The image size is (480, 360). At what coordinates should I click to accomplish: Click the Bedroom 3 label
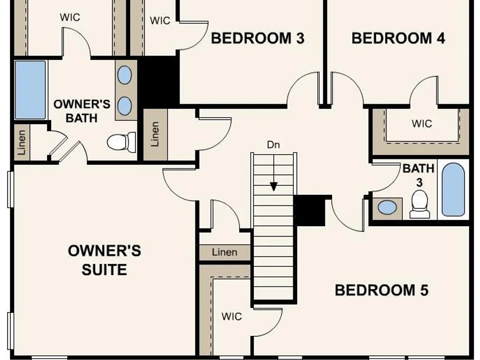pyautogui.click(x=258, y=38)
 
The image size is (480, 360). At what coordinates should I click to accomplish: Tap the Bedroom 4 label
pyautogui.click(x=398, y=38)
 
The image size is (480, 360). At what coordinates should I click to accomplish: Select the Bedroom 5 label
pyautogui.click(x=382, y=290)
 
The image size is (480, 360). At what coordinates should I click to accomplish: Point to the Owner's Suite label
pyautogui.click(x=104, y=260)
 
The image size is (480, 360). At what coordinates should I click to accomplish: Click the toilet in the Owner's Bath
pyautogui.click(x=122, y=142)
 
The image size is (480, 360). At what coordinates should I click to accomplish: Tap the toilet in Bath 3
pyautogui.click(x=419, y=204)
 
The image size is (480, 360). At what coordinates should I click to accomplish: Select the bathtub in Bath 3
pyautogui.click(x=453, y=190)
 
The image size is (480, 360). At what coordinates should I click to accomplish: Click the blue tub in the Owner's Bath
pyautogui.click(x=30, y=90)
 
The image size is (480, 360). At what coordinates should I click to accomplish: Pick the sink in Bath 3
pyautogui.click(x=387, y=207)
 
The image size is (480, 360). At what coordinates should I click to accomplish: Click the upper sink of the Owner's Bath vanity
pyautogui.click(x=125, y=75)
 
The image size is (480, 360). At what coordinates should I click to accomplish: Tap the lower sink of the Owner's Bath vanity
pyautogui.click(x=125, y=106)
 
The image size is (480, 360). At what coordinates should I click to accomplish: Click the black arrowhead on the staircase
pyautogui.click(x=274, y=186)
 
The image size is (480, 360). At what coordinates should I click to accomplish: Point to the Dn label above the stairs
pyautogui.click(x=274, y=144)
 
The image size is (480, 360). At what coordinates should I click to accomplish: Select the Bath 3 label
pyautogui.click(x=419, y=175)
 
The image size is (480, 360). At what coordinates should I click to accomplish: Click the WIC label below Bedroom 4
pyautogui.click(x=422, y=124)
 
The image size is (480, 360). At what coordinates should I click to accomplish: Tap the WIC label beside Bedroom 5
pyautogui.click(x=232, y=316)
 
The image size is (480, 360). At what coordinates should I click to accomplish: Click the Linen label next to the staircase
pyautogui.click(x=225, y=252)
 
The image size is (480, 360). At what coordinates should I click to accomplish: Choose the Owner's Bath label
pyautogui.click(x=82, y=111)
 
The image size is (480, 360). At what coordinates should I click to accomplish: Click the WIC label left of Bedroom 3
pyautogui.click(x=160, y=21)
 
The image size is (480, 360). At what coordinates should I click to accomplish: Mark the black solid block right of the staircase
pyautogui.click(x=309, y=211)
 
